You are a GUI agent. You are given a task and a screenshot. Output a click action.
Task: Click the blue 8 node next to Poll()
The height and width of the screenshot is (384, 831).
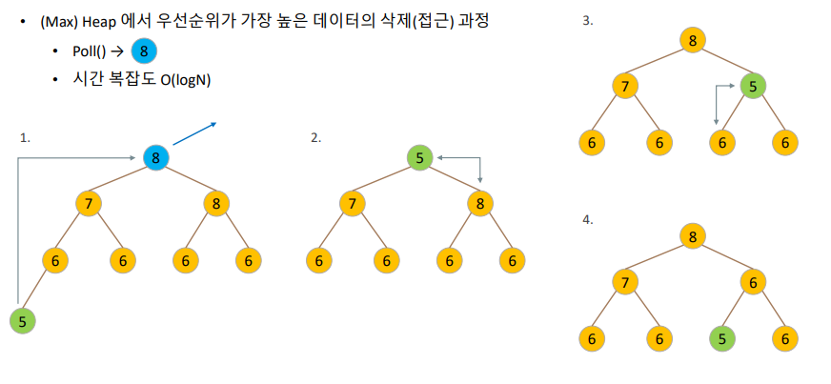pos(142,51)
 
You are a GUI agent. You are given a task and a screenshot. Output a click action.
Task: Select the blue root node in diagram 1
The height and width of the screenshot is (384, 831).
pos(155,158)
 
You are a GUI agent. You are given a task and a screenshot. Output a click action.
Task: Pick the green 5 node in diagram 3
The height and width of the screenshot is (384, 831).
pos(753,88)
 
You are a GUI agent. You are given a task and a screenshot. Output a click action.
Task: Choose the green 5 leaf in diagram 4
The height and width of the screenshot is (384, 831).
pos(722,337)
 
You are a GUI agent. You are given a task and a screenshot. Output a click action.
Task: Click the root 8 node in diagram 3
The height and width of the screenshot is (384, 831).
pos(693,39)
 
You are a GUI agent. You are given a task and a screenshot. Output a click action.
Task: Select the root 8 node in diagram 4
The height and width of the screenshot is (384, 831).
pos(693,234)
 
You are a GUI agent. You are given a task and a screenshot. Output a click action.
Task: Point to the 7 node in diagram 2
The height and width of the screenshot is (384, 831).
pos(354,203)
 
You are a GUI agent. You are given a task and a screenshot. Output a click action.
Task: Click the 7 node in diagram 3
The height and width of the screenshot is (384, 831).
pos(625,88)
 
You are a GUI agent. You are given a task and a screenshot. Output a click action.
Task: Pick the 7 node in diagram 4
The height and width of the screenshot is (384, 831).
pos(625,282)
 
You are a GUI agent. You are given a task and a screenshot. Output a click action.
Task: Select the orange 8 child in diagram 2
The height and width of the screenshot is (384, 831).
pos(480,203)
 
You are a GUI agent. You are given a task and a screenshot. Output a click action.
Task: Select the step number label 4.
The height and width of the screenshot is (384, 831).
pos(587,219)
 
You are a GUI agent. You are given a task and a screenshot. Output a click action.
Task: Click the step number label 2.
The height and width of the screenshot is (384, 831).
pos(315,137)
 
